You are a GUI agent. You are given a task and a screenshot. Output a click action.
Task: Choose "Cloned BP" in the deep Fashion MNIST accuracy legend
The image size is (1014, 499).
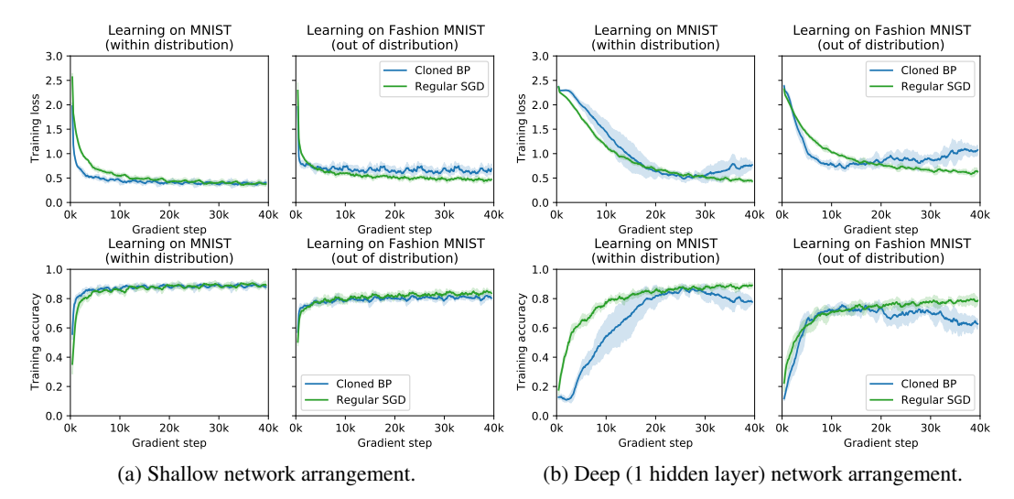(x=933, y=385)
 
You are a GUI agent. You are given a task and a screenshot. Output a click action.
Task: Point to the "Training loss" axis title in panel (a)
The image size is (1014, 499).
(x=36, y=129)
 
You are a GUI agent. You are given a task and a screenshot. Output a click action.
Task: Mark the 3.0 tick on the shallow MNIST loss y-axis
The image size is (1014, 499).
(x=53, y=56)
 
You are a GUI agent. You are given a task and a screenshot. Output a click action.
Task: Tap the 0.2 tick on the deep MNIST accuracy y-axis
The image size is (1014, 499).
(x=539, y=386)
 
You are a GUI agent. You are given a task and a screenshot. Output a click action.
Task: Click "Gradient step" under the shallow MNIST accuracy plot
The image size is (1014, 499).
(x=169, y=442)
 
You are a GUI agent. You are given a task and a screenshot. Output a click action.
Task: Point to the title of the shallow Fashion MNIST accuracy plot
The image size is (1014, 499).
(x=394, y=251)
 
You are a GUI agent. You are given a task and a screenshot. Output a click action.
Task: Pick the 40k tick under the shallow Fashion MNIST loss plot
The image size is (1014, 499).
(x=492, y=214)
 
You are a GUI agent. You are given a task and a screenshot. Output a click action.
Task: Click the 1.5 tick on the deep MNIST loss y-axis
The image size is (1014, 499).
(x=539, y=129)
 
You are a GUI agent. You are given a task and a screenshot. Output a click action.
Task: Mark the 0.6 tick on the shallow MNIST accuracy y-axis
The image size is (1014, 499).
(x=53, y=328)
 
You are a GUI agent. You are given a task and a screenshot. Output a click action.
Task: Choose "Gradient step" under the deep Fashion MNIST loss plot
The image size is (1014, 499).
(x=879, y=229)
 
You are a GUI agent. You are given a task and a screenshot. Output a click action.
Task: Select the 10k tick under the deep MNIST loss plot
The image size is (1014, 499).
(x=605, y=214)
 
